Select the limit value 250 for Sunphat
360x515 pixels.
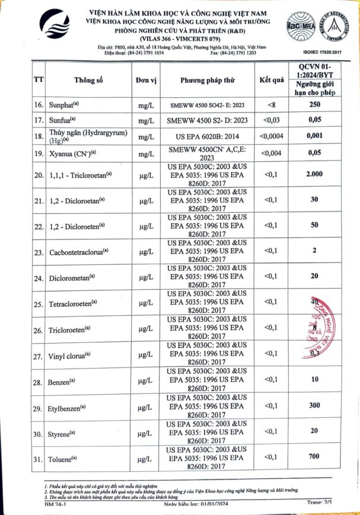pyautogui.click(x=314, y=105)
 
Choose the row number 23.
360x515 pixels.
pyautogui.click(x=39, y=252)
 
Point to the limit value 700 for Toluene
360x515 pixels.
pyautogui.click(x=314, y=456)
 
